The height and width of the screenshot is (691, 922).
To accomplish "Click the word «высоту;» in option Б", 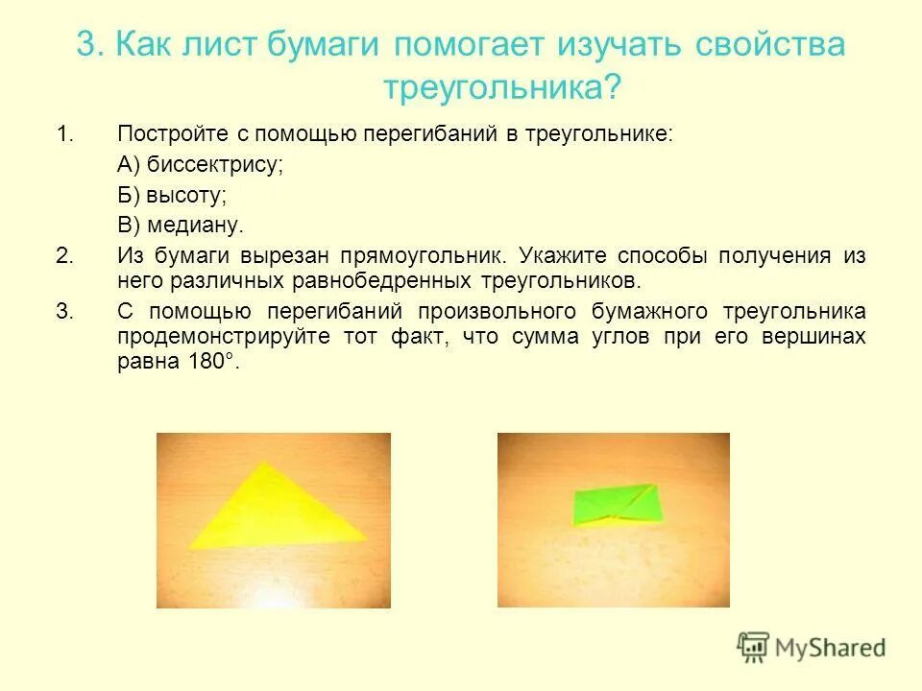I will pyautogui.click(x=186, y=195).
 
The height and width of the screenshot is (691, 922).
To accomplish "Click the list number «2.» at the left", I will pyautogui.click(x=65, y=256).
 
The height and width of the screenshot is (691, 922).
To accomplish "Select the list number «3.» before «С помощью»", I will pyautogui.click(x=65, y=312).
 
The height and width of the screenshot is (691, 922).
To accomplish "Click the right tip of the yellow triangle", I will pyautogui.click(x=366, y=539).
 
